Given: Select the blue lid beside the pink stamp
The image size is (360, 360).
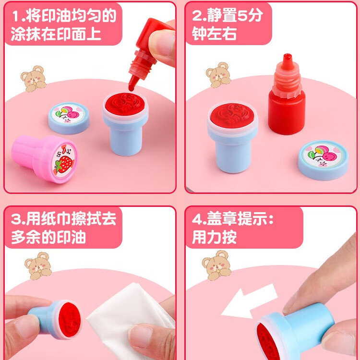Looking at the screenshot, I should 69,118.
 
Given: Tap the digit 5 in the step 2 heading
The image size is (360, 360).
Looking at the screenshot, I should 242,16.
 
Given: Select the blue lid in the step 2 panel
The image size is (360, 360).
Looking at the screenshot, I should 323,159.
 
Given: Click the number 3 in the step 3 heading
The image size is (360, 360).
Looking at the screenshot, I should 16,220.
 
